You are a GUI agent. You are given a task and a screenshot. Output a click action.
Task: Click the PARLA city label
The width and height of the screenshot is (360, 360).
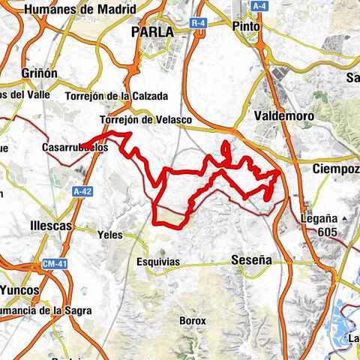[x=152, y=32]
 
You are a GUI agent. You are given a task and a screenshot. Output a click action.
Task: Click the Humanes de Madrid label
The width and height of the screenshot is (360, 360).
[x=81, y=10]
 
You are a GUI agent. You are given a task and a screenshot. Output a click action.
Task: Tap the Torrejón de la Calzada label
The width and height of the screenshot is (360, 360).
[x=127, y=96]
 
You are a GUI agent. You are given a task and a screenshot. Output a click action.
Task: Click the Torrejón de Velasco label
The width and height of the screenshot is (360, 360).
[x=145, y=120]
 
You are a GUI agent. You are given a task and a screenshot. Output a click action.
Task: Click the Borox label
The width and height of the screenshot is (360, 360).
[x=192, y=320]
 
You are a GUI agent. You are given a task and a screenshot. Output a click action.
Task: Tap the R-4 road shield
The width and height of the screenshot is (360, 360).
[x=198, y=23]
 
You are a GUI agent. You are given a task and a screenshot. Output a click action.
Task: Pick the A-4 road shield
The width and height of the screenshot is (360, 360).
[x=259, y=6]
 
